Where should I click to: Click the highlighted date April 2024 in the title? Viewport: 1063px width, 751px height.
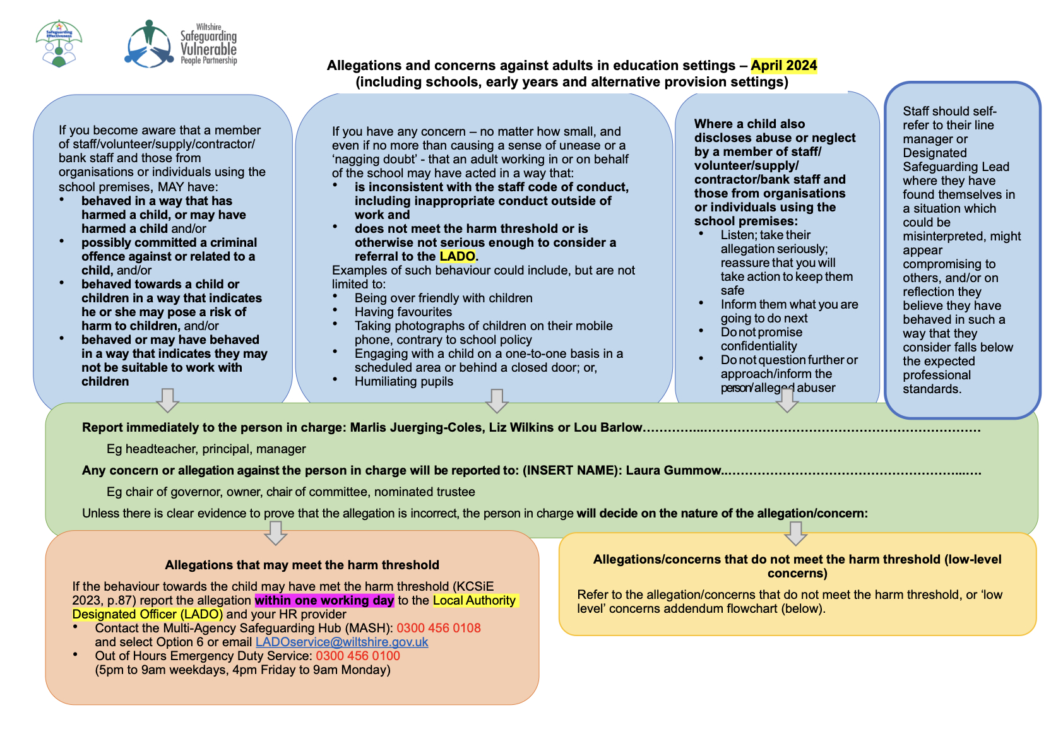point(784,66)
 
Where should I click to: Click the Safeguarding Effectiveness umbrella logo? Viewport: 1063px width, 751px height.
point(59,43)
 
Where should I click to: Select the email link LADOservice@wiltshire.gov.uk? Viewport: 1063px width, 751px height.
point(341,642)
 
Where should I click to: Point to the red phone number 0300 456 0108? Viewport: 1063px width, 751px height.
point(439,628)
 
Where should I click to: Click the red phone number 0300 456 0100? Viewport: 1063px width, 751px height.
point(358,656)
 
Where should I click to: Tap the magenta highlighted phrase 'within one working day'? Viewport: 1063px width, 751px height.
point(324,600)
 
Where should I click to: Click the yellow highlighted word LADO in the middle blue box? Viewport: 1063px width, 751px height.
point(458,256)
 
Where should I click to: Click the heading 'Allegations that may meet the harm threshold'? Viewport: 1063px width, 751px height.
point(302,565)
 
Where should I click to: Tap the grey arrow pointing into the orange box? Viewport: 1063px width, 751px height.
point(276,533)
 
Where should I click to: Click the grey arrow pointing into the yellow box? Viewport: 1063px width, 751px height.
point(795,533)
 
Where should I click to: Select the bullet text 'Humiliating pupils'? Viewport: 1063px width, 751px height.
point(404,381)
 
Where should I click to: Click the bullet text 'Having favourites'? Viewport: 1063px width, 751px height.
point(403,312)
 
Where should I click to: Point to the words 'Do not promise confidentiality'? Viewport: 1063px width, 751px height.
point(761,339)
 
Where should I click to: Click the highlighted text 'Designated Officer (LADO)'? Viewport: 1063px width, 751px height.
point(148,614)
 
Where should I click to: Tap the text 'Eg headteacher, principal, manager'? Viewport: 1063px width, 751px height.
point(206,449)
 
